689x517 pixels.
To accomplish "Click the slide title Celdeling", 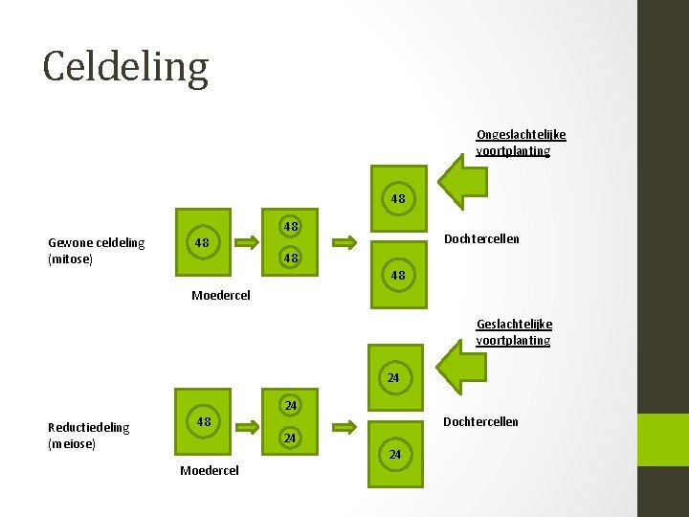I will coord(125,67).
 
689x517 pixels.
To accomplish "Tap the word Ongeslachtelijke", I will coord(521,135).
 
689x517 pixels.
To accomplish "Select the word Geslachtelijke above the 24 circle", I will coord(514,325).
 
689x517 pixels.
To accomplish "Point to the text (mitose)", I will coord(70,259).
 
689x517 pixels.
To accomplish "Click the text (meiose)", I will coord(72,444).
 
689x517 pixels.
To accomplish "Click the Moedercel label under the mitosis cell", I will coord(221,295).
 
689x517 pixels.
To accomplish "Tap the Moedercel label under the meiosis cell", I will coord(210,470).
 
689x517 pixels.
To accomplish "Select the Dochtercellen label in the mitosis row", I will coord(482,238).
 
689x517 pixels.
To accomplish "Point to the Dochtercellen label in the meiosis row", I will coord(480,421).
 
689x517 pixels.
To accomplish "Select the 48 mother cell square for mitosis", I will coord(203,242).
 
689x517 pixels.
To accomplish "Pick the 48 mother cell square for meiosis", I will coord(203,422).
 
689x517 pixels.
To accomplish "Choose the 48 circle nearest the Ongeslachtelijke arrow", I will coord(398,199).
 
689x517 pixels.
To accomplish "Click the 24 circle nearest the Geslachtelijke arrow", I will coord(393,378).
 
